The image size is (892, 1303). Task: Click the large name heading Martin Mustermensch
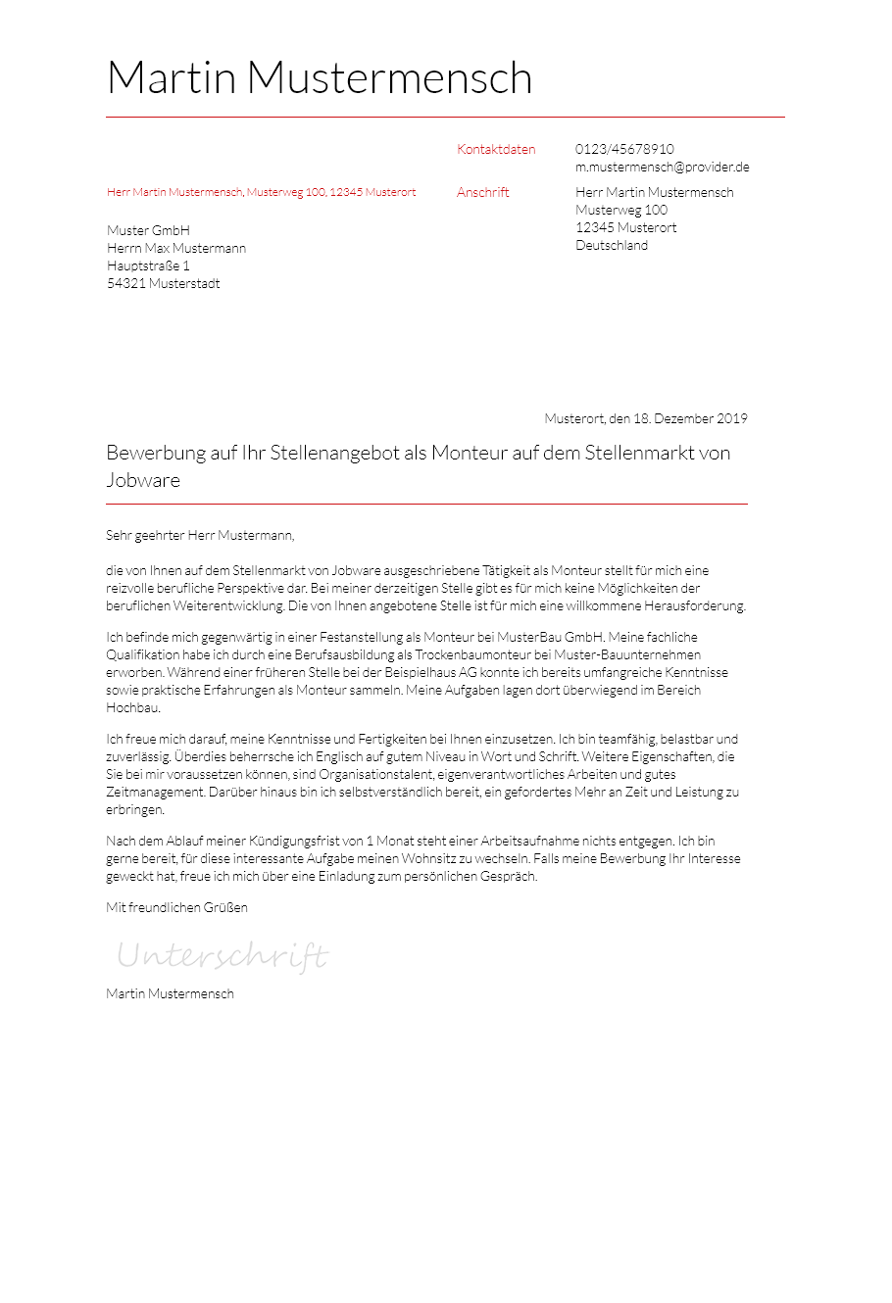[320, 78]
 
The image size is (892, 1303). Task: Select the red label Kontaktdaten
[496, 150]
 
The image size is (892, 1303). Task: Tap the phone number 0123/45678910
[624, 150]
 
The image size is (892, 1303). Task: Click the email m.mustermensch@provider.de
[662, 168]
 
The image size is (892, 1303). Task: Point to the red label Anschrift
[483, 193]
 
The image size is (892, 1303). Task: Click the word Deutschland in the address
[612, 246]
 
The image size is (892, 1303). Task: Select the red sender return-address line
[261, 193]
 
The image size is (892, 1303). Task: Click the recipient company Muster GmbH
[148, 231]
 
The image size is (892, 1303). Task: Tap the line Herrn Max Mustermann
[176, 249]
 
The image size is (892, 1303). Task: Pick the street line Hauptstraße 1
[148, 266]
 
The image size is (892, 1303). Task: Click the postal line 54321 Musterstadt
[163, 284]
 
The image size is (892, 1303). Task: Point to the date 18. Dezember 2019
[690, 419]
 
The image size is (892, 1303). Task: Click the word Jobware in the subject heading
[143, 481]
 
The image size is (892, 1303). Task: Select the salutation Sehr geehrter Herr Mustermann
[200, 536]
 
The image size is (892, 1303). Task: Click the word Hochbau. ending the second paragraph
[133, 708]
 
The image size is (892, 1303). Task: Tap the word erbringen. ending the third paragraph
[135, 810]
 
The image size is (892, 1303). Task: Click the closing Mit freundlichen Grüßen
[176, 908]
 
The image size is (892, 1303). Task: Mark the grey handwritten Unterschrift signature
[223, 955]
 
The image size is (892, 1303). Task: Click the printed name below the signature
[170, 994]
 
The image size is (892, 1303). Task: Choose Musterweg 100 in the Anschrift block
[621, 211]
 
